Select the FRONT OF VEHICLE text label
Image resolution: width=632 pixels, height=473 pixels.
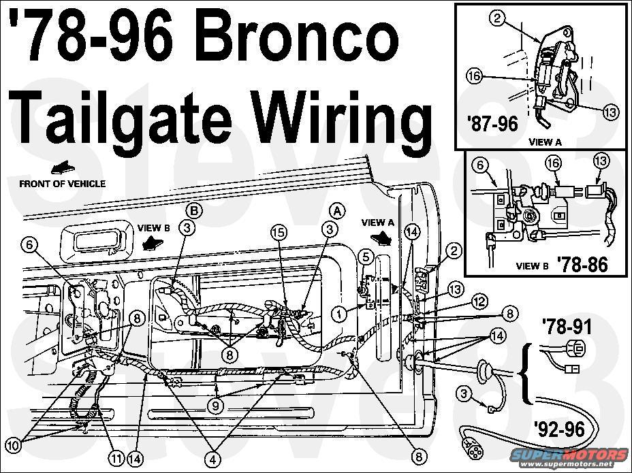pyautogui.click(x=62, y=183)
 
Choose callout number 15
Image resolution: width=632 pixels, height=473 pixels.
pyautogui.click(x=278, y=231)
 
